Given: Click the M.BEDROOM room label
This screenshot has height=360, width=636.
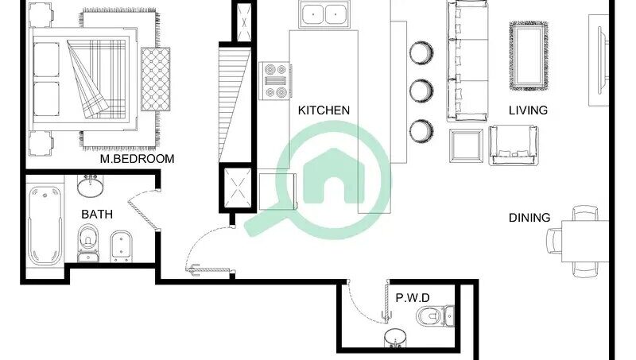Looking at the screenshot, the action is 137,158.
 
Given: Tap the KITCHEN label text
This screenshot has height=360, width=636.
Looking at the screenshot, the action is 324,110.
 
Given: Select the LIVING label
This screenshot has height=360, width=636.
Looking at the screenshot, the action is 528,110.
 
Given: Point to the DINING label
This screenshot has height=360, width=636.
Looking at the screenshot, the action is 529,218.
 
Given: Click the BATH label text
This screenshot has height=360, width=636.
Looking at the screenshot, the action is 97,214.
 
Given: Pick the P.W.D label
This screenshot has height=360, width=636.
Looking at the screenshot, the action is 413,298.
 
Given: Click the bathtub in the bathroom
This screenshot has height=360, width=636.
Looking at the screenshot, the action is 45,226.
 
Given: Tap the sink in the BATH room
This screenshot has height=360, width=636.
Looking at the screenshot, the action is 90,186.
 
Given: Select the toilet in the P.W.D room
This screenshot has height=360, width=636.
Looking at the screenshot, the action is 435,315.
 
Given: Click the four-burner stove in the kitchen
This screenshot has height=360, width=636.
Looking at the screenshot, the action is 275,81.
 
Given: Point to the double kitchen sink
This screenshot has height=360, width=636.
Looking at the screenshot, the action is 324,14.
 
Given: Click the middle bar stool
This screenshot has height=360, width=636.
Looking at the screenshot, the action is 421,91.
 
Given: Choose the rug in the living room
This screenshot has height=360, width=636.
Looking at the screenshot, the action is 529,56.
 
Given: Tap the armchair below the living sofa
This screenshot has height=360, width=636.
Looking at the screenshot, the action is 514,145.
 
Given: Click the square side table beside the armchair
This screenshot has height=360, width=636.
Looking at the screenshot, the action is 466,146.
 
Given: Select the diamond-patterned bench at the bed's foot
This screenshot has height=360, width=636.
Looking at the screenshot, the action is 156,79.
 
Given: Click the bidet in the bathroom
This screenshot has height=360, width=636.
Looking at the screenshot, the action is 122,246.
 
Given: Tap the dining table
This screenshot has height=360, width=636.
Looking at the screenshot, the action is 585,242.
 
